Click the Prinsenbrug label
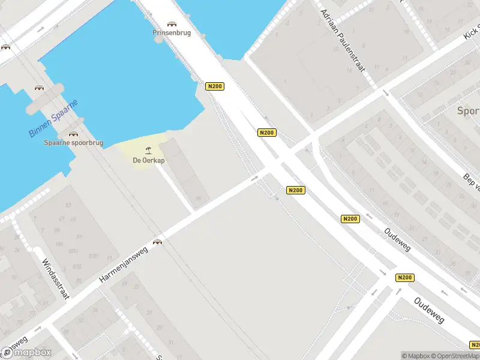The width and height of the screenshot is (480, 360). click(172, 33)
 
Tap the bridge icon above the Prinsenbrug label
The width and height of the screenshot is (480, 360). click(172, 24)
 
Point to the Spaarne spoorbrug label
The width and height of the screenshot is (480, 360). click(73, 143)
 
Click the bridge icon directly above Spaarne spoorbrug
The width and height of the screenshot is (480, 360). click(73, 134)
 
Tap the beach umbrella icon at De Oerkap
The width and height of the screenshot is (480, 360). click(148, 150)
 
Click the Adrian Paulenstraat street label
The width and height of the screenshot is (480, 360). click(343, 40)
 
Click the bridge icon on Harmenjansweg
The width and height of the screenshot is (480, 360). click(158, 242)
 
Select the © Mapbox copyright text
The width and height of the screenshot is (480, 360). click(416, 356)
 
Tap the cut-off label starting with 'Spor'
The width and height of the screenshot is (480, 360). click(468, 111)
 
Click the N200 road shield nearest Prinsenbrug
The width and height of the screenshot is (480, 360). click(214, 86)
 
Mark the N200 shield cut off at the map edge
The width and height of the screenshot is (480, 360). click(475, 344)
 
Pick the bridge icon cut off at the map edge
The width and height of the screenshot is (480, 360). click(4, 47)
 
